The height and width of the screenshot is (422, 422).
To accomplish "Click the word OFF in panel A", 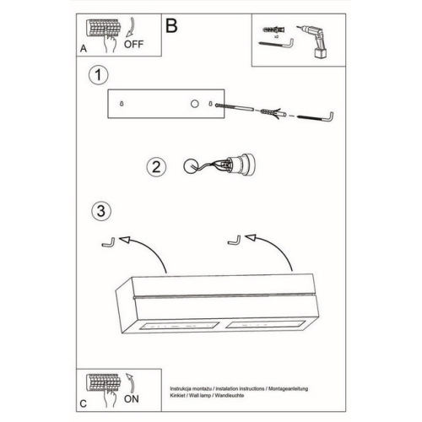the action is click(x=133, y=44).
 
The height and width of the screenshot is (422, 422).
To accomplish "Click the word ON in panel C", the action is click(x=132, y=398).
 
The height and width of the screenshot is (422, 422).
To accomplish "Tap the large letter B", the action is click(x=171, y=25).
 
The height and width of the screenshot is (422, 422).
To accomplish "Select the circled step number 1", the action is click(x=98, y=75).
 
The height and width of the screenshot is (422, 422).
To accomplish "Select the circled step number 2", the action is click(x=156, y=166).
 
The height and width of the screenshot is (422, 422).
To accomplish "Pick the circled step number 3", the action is click(x=101, y=211).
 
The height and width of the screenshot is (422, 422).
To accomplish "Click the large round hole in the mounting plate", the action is click(x=194, y=104).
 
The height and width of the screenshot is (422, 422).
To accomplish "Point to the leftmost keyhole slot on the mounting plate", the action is click(x=122, y=104).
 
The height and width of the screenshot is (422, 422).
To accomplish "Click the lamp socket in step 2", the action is click(x=240, y=165).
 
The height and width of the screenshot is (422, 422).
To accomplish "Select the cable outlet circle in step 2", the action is click(x=191, y=166).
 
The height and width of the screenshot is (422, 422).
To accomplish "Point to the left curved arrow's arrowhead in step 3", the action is click(x=125, y=240).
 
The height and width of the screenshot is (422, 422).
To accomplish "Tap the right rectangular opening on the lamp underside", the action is click(x=266, y=324).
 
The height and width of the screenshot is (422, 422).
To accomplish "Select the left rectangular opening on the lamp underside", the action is click(x=180, y=326).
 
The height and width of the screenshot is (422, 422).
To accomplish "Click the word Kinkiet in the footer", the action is click(x=178, y=395).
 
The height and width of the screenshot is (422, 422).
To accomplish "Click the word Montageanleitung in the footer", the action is click(x=288, y=389).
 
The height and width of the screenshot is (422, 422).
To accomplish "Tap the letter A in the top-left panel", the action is click(x=84, y=48).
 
